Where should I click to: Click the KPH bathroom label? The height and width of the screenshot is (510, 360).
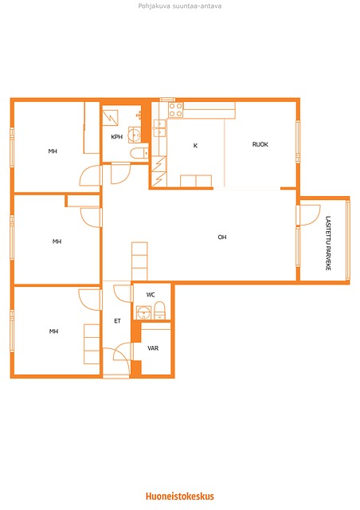[x=117, y=137]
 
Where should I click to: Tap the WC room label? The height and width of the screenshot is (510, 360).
[x=151, y=295]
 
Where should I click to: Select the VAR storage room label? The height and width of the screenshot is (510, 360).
[x=153, y=348]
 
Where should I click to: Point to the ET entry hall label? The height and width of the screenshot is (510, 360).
[x=117, y=321]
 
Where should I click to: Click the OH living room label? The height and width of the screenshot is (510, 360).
[x=222, y=237]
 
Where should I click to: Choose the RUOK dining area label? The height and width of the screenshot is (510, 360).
[x=260, y=144]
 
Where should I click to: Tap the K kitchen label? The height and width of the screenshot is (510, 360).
[x=195, y=145]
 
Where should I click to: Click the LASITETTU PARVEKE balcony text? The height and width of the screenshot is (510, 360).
[x=328, y=243]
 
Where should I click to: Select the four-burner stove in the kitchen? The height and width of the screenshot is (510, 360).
[x=175, y=110]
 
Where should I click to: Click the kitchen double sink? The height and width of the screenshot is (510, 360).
[x=159, y=128]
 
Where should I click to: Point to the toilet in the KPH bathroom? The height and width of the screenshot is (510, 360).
[x=139, y=153]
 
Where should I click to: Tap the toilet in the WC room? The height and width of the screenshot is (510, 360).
[x=159, y=310]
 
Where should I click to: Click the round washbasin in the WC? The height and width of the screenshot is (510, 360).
[x=143, y=313]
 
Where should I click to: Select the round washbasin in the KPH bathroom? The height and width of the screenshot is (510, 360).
[x=135, y=134]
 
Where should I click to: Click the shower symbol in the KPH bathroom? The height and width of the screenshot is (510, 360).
[x=110, y=118]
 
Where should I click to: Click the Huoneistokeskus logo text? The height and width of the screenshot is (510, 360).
[x=180, y=496]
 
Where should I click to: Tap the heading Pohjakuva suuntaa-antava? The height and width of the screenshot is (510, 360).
[x=180, y=6]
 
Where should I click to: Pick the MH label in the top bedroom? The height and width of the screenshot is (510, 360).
[x=53, y=151]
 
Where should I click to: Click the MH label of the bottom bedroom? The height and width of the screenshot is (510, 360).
[x=53, y=331]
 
